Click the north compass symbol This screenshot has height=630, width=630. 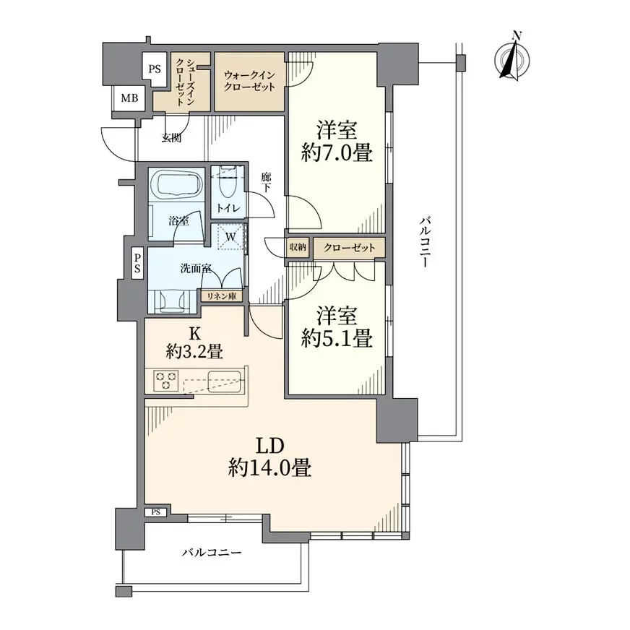pos(512,59)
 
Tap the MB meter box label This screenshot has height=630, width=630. pos(129,98)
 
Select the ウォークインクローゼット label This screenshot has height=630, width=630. pos(249,81)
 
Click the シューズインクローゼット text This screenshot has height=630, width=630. pos(185,82)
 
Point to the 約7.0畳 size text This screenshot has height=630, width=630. pos(337,152)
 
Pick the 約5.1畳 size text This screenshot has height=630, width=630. pos(337,338)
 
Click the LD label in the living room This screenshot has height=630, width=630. pos(270,446)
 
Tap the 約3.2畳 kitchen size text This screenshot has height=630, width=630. pos(195,352)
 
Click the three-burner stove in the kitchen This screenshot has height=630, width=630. pos(166,381)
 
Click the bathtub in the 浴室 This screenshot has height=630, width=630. pos(176,184)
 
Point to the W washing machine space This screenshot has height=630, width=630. pos(230,237)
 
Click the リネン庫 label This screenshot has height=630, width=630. pos(221,296)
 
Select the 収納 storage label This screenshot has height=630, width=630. pos(298,247)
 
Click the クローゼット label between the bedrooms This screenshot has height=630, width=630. pos(349,248)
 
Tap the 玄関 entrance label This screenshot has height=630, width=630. pos(171,138)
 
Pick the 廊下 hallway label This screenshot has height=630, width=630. pos(266,182)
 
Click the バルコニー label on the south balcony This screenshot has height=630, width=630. pos(212,553)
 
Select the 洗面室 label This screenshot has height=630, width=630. pos(196,268)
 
